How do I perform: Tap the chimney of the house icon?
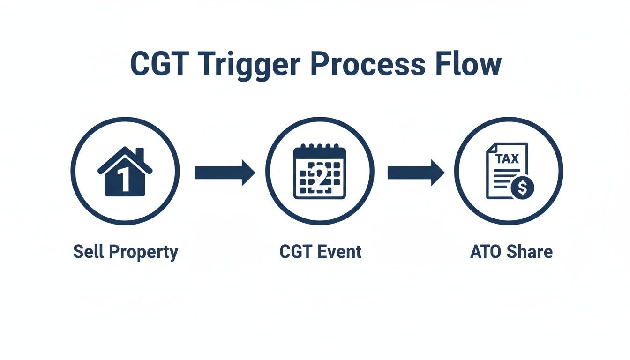pyautogui.click(x=140, y=155)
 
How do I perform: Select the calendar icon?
pyautogui.click(x=320, y=172)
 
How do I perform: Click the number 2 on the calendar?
pyautogui.click(x=320, y=177)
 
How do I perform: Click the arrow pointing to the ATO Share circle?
pyautogui.click(x=416, y=172)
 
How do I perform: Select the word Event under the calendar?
pyautogui.click(x=339, y=252)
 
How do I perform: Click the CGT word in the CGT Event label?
pyautogui.click(x=296, y=252)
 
